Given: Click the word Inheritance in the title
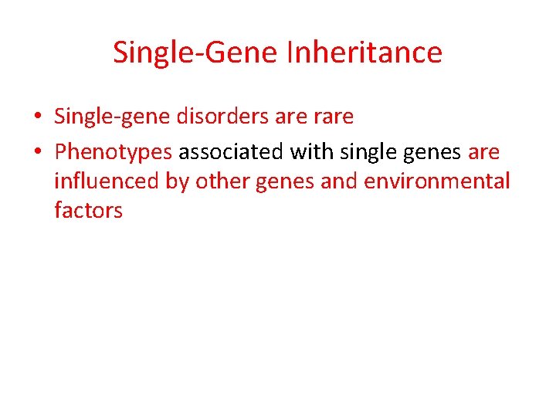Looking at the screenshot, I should coord(364,53).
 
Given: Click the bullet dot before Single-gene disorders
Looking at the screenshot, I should coord(37,117).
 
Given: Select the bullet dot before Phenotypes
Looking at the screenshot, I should coord(37,152).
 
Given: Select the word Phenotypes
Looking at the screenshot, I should coord(114,153).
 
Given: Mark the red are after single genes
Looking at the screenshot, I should coord(484,153).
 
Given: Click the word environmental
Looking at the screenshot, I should coord(438,181).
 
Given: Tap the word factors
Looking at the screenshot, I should coord(88,209).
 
